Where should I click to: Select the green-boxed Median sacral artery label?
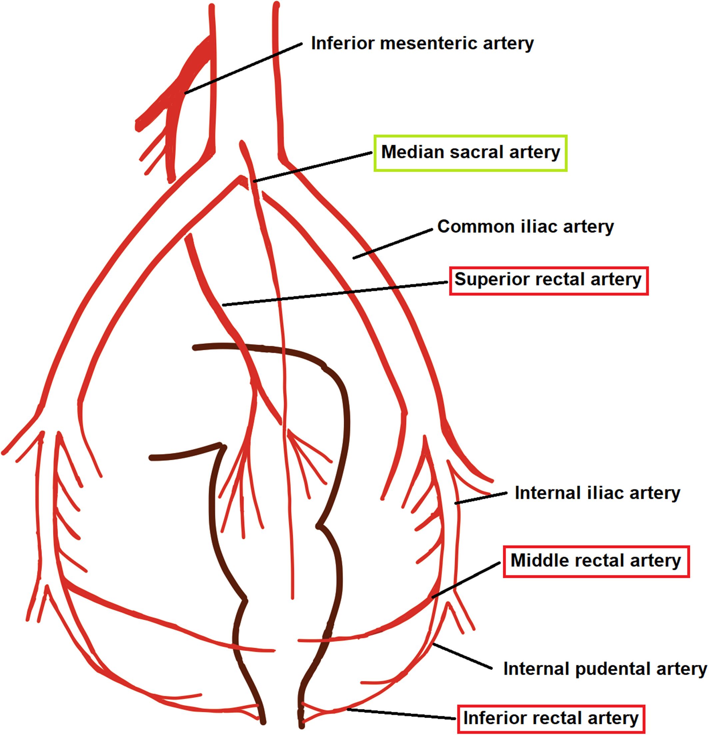pos(470,152)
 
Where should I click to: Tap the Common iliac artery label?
pos(525,226)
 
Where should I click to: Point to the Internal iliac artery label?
pos(597,493)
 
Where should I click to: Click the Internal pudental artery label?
pos(604,668)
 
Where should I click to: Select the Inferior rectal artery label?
pos(551,718)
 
